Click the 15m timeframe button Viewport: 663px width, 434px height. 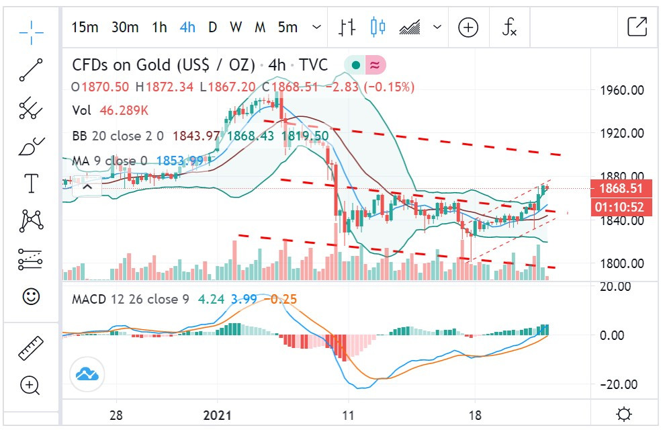point(85,28)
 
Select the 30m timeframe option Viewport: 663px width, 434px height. point(125,28)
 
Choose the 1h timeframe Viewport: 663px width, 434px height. point(159,28)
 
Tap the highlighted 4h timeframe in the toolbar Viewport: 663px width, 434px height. point(187,28)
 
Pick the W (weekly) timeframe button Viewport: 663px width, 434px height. point(236,28)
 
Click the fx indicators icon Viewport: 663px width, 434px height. point(510,28)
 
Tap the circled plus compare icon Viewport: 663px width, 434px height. point(468,28)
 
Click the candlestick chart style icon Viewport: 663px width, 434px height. point(378,28)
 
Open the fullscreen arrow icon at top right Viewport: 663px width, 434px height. point(636,27)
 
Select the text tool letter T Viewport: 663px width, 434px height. point(31,183)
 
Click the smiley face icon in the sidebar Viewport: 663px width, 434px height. point(31,296)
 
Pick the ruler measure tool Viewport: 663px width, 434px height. point(31,348)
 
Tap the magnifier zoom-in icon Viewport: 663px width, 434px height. point(31,386)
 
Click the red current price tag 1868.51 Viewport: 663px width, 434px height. point(617,187)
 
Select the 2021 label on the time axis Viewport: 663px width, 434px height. point(218,415)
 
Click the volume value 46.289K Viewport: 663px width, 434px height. point(124,111)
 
